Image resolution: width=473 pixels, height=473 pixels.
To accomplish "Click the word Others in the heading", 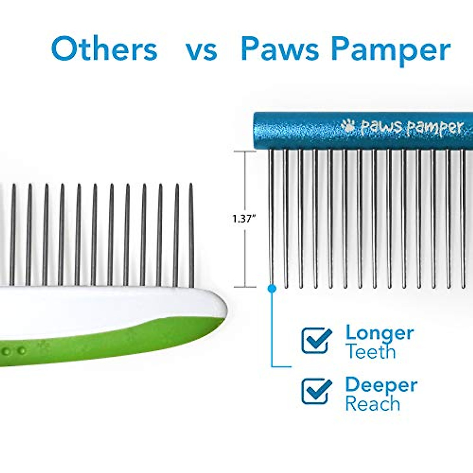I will coord(104,49).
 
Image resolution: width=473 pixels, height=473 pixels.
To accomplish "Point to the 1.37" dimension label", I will coord(242,220).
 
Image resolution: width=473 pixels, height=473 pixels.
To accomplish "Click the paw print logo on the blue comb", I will coord(348,126).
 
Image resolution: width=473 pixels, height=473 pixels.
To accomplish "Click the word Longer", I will coord(380,333).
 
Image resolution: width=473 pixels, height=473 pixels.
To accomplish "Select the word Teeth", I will coord(371,352).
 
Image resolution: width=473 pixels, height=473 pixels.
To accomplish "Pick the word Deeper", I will coord(381,385).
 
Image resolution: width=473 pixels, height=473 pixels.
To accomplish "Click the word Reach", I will coord(372,404).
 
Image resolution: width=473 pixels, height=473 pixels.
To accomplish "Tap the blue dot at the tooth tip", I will coord(271,289).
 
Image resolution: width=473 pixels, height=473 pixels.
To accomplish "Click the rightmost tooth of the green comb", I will coord(192,235).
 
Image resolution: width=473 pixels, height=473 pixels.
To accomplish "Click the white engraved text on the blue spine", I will coord(412,127).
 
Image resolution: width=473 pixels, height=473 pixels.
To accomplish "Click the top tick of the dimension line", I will coord(244,151).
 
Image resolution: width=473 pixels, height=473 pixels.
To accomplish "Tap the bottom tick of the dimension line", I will coord(244,287).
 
